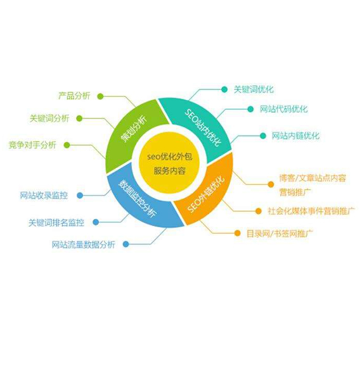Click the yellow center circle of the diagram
[169, 163]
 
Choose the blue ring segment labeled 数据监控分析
[139, 201]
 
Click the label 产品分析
[74, 96]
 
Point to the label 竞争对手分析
[32, 145]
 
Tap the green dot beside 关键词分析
[80, 118]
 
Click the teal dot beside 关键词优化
[224, 89]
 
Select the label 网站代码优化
[284, 109]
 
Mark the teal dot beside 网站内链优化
[263, 136]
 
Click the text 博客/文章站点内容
[312, 178]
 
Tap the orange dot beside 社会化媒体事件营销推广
[259, 211]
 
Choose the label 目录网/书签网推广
[280, 234]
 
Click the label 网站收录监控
[44, 195]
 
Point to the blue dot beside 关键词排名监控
[96, 222]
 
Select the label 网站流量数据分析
[83, 245]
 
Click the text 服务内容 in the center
[169, 170]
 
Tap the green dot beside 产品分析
[100, 96]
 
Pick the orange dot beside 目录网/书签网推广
[237, 233]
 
